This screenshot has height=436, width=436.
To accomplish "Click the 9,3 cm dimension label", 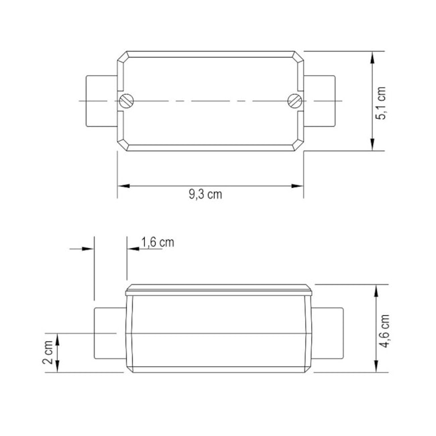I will (205, 195).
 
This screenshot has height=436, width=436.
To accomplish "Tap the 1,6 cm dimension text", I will (158, 242).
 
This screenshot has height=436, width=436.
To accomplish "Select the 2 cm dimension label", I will (48, 351).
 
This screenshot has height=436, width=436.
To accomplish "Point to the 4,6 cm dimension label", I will (384, 329).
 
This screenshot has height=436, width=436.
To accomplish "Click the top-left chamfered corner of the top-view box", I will (123, 56).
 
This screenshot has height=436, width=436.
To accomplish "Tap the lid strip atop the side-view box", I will (219, 290).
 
